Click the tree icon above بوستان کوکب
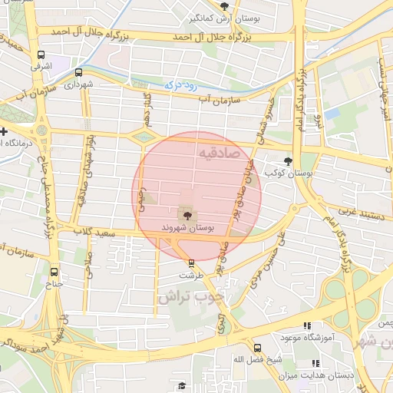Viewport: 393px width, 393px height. click(x=288, y=161)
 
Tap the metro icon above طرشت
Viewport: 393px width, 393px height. click(x=191, y=263)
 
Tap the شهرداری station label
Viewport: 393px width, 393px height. click(x=79, y=83)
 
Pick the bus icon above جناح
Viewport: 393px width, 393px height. click(x=54, y=270)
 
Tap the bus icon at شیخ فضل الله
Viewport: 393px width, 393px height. click(x=257, y=347)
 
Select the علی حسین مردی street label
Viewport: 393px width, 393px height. click(x=281, y=253)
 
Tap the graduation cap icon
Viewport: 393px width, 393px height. click(x=182, y=385)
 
